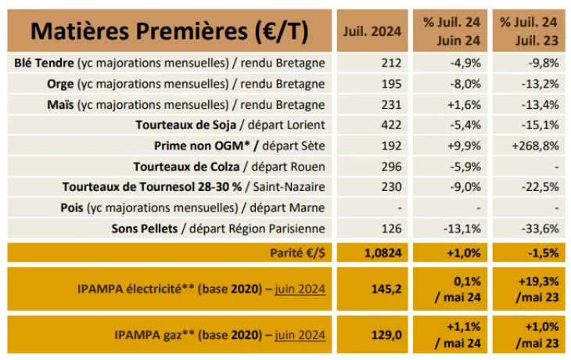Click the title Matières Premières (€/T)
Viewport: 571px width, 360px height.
click(170, 31)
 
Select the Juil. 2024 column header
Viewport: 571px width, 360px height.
click(372, 31)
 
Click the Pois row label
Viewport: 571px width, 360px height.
click(192, 208)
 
